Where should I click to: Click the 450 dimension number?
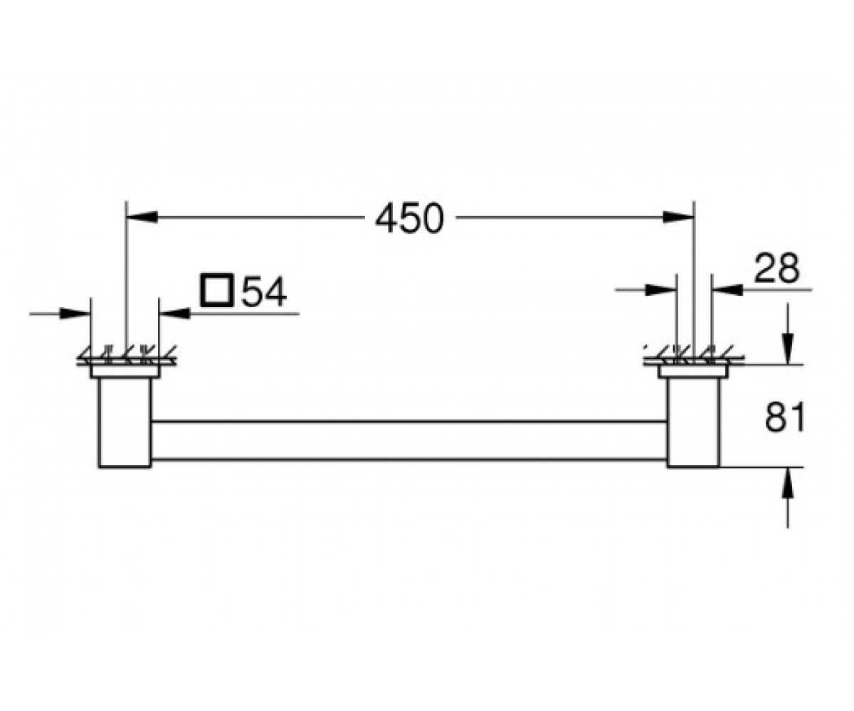click(409, 218)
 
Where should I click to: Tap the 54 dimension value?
click(264, 292)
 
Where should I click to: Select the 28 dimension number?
click(776, 268)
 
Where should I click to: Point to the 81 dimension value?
click(784, 417)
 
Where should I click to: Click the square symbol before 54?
click(217, 289)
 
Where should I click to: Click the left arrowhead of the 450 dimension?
click(142, 217)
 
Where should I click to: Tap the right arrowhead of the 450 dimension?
click(678, 217)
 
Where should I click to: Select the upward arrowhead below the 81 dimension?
click(788, 483)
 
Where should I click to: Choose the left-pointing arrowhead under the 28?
click(727, 289)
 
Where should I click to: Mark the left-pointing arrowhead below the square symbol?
click(174, 314)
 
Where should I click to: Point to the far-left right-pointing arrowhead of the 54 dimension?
click(75, 314)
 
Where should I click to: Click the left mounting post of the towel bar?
click(125, 422)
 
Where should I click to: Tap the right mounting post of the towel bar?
click(693, 422)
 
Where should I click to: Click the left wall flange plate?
click(125, 371)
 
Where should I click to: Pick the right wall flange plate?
click(693, 371)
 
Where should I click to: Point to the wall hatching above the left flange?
click(127, 355)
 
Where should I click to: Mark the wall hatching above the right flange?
click(694, 355)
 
